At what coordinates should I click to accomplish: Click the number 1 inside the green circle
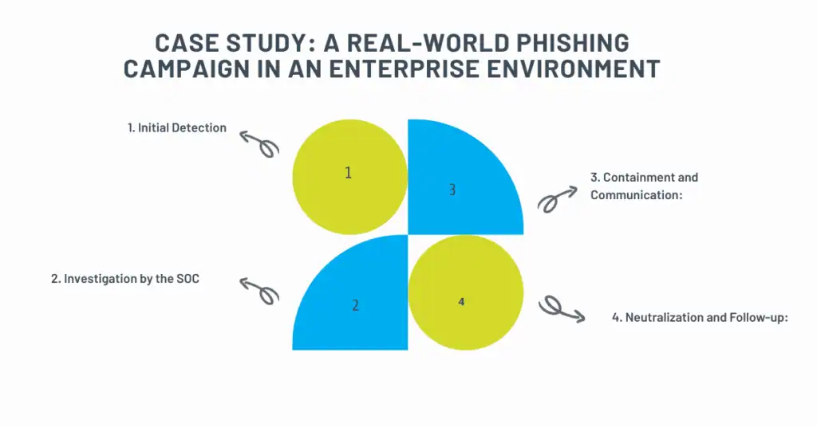point(349,173)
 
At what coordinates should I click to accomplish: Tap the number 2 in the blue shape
point(355,304)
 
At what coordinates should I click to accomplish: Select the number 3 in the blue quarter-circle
point(452,190)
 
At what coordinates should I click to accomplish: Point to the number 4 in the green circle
point(461,302)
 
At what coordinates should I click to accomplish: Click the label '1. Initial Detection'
point(177,127)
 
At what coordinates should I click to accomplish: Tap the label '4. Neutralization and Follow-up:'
point(700,317)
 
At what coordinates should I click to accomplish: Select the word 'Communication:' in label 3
point(636,194)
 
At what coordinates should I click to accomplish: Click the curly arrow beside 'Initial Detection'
point(261,143)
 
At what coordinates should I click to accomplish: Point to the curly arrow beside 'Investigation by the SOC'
point(261,290)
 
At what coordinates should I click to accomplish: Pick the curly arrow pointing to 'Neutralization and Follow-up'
point(562,308)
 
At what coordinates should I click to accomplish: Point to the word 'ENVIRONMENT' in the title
point(590,69)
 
